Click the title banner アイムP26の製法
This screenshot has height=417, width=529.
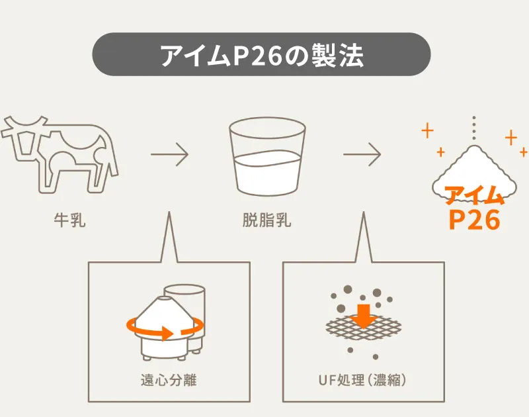coord(261,54)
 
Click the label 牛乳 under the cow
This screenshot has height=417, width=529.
coord(70,220)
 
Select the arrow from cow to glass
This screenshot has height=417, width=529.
coord(169,154)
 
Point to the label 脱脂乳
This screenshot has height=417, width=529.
coord(267,220)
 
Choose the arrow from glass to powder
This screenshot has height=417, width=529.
coord(362,154)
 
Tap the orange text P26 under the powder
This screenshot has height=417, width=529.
coord(474,220)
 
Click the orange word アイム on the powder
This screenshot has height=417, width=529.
coord(474,195)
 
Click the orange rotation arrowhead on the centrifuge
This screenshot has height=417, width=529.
coord(167,333)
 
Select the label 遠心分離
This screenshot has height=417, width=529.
coord(169,380)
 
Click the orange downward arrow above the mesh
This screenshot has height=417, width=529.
coord(364,316)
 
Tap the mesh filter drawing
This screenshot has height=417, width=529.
coord(363,327)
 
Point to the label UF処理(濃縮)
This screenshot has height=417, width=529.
coord(362,380)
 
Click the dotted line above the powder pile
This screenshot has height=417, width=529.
coord(474,128)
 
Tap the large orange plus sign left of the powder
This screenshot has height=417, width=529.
coord(427,130)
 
